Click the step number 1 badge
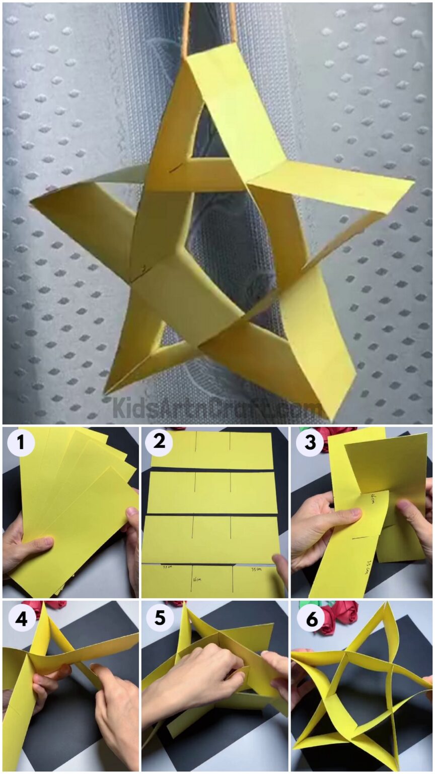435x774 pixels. (x=21, y=443)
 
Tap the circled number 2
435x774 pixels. (x=159, y=443)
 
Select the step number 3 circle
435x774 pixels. (x=309, y=443)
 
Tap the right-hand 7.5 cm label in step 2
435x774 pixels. (x=256, y=569)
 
